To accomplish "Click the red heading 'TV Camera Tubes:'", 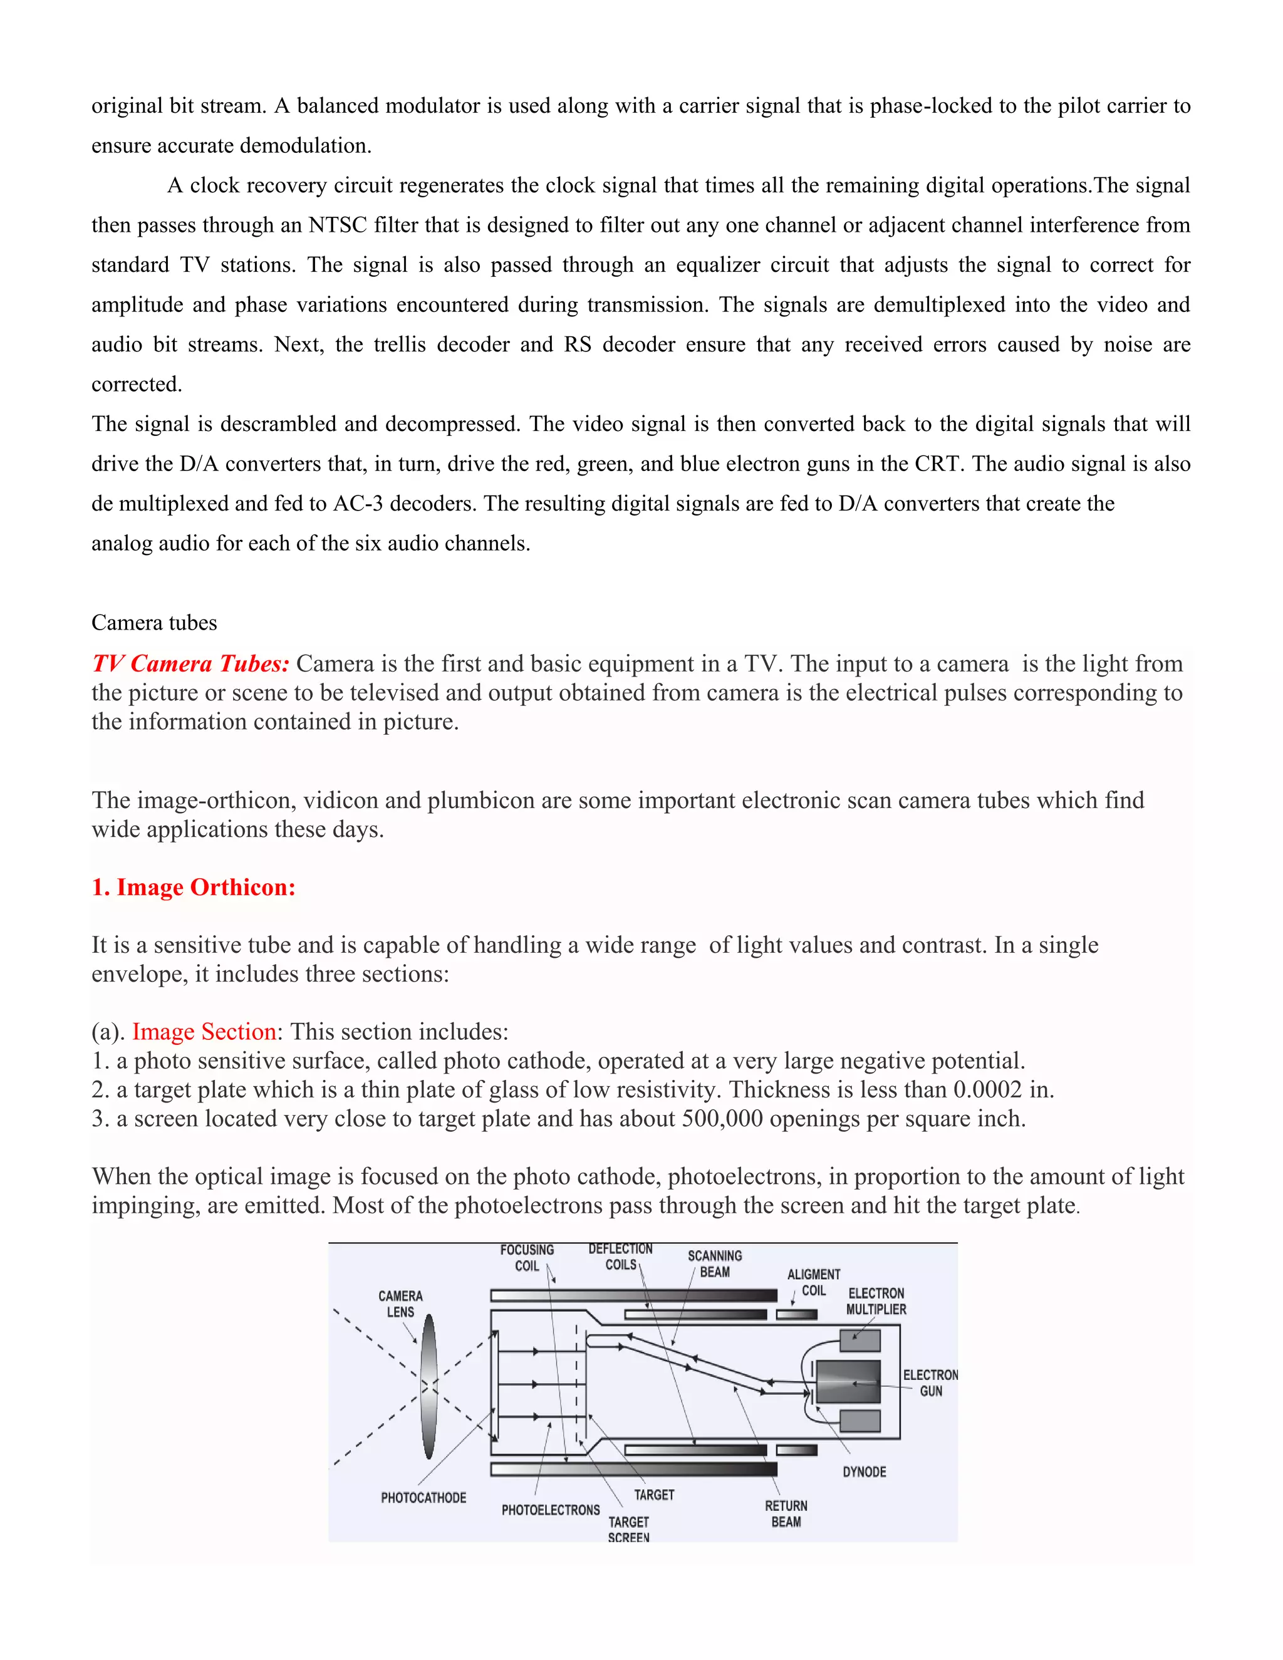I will pyautogui.click(x=190, y=663).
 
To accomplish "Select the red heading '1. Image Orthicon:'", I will pyautogui.click(x=193, y=887).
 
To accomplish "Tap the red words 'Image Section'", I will pyautogui.click(x=204, y=1032).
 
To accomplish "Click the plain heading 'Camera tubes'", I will pyautogui.click(x=154, y=623).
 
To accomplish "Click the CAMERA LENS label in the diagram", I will pyautogui.click(x=400, y=1304).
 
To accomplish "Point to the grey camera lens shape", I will pyautogui.click(x=429, y=1386).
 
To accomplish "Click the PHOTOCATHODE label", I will pyautogui.click(x=423, y=1497).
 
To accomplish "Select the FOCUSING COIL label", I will pyautogui.click(x=527, y=1257).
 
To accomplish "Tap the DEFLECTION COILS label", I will pyautogui.click(x=620, y=1257).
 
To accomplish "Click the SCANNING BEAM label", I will pyautogui.click(x=714, y=1263).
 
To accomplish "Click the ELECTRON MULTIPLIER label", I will pyautogui.click(x=876, y=1300).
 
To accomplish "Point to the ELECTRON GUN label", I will pyautogui.click(x=930, y=1382).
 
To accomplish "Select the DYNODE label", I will pyautogui.click(x=864, y=1471).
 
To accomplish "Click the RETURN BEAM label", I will pyautogui.click(x=786, y=1513).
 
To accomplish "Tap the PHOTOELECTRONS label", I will pyautogui.click(x=550, y=1510).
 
